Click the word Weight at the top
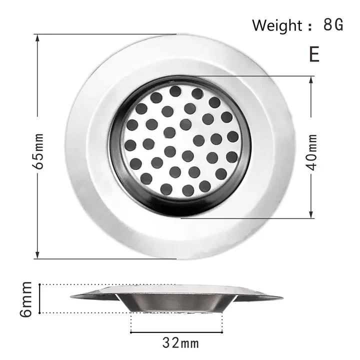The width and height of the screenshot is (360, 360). (x=276, y=24)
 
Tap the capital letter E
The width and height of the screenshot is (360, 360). (x=314, y=53)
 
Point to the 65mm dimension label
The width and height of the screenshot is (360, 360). (x=39, y=150)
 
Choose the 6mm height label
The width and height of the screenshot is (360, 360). (x=26, y=299)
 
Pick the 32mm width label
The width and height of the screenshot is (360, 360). (x=180, y=343)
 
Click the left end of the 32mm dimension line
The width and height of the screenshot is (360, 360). (x=131, y=331)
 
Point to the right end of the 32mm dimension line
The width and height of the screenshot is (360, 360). (x=229, y=331)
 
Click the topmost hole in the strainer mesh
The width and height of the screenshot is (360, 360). (x=175, y=90)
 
